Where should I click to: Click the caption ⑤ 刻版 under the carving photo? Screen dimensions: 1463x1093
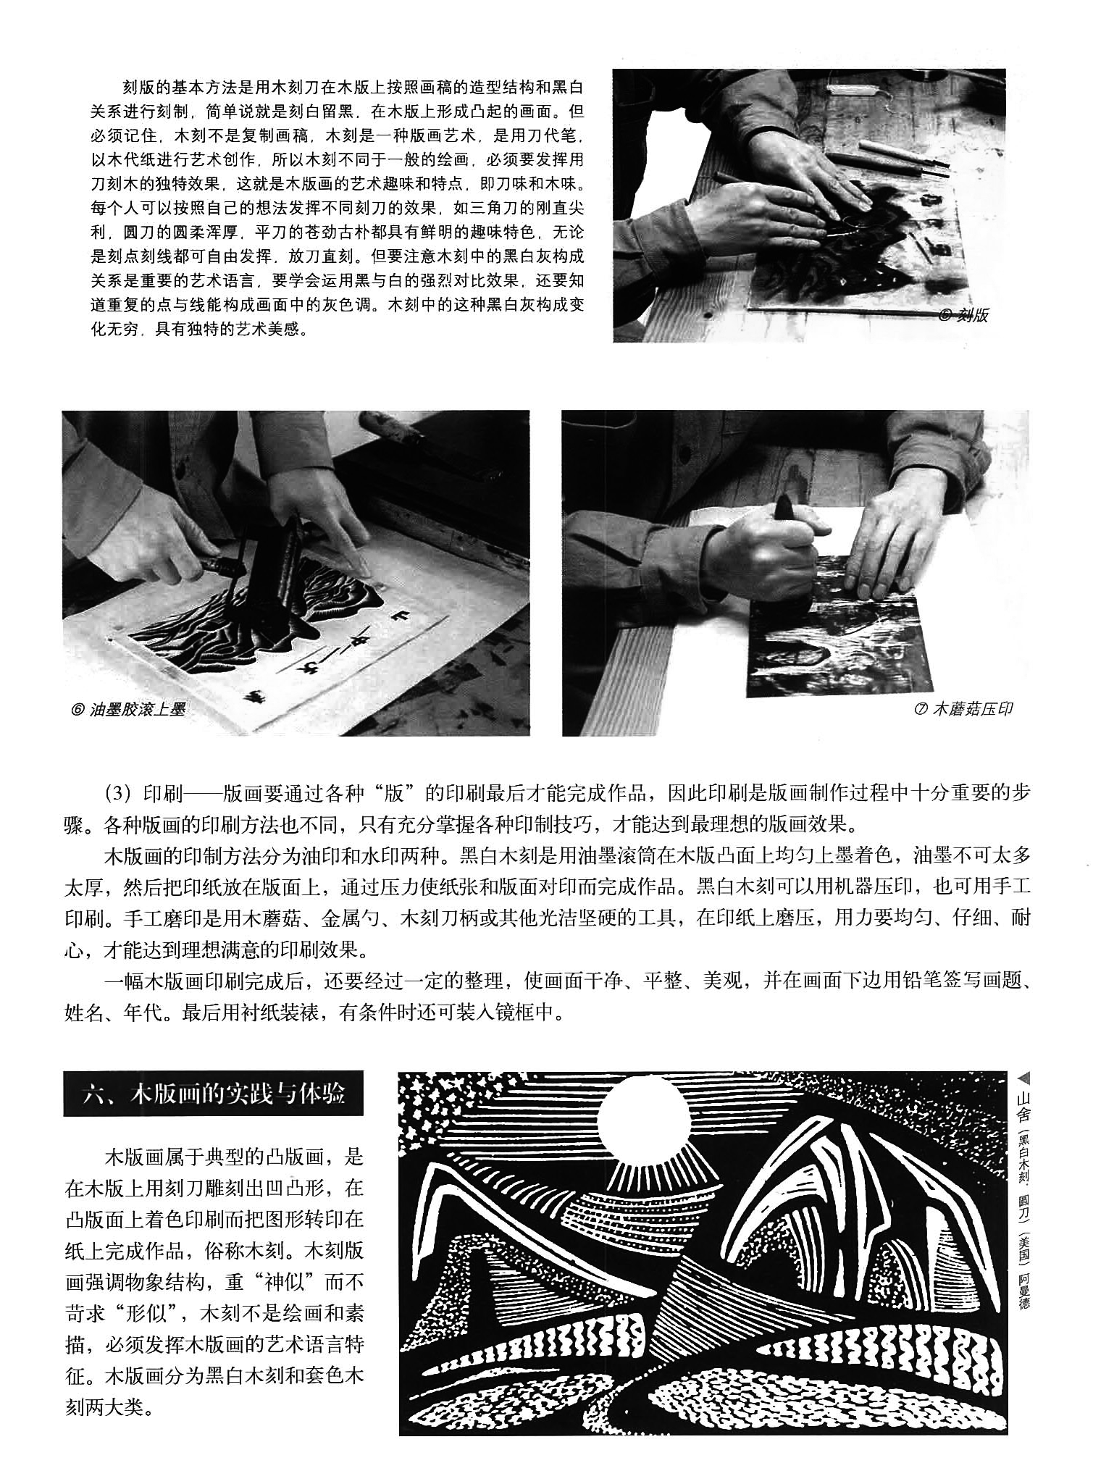pyautogui.click(x=963, y=315)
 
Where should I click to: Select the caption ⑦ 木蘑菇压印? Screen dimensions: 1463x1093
pyautogui.click(x=963, y=708)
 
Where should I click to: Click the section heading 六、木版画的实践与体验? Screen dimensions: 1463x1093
pyautogui.click(x=213, y=1094)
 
